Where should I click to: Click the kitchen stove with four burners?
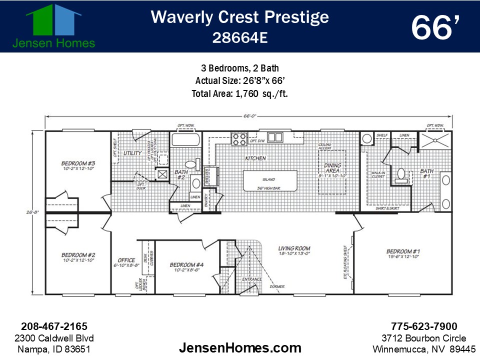(239, 138)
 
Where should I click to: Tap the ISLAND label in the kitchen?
(268, 179)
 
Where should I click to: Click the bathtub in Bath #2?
(185, 139)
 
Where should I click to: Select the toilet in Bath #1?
(400, 173)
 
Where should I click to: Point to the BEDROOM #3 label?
(78, 163)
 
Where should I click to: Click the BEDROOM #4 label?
(186, 265)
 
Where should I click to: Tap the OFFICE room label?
(126, 260)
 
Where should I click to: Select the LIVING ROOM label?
(294, 248)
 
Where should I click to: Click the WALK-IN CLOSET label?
(378, 174)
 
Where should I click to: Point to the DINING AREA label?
(332, 168)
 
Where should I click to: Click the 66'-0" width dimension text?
(249, 116)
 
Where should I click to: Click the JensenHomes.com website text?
(240, 347)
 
